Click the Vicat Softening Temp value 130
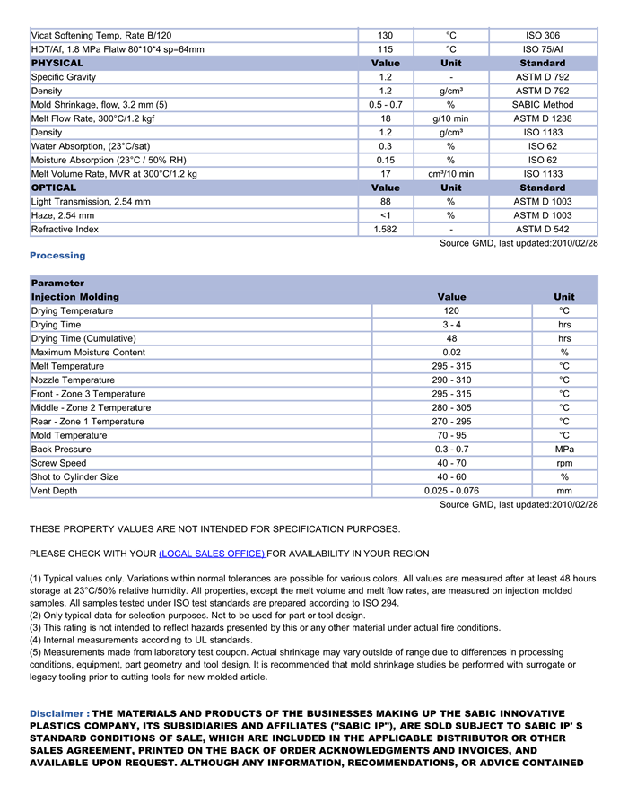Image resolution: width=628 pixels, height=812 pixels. (386, 36)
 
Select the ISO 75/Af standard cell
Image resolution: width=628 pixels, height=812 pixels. (543, 49)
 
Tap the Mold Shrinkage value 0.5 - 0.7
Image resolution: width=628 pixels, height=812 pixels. (386, 105)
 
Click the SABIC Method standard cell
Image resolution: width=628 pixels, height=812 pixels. (543, 105)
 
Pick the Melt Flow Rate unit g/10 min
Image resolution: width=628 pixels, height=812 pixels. (450, 118)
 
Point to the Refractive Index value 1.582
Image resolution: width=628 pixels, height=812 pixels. (386, 230)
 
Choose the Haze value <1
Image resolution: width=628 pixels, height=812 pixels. (386, 215)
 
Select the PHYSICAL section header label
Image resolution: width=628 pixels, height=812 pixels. (57, 63)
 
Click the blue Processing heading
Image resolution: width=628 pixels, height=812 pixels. (57, 256)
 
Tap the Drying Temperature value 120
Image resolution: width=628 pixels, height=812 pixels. (452, 311)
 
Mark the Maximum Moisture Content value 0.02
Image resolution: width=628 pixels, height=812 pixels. (452, 353)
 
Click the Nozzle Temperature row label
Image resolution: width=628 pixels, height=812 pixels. (73, 380)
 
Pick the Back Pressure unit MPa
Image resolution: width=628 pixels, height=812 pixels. (564, 450)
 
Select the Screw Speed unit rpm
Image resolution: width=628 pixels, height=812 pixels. (564, 463)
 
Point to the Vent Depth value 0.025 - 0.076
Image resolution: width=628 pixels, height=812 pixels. (452, 491)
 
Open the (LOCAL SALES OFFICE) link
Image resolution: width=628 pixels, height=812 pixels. (212, 554)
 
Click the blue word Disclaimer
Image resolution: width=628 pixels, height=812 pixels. (57, 713)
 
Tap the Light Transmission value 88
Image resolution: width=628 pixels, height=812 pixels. (386, 202)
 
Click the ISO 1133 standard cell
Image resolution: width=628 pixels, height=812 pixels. (543, 174)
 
